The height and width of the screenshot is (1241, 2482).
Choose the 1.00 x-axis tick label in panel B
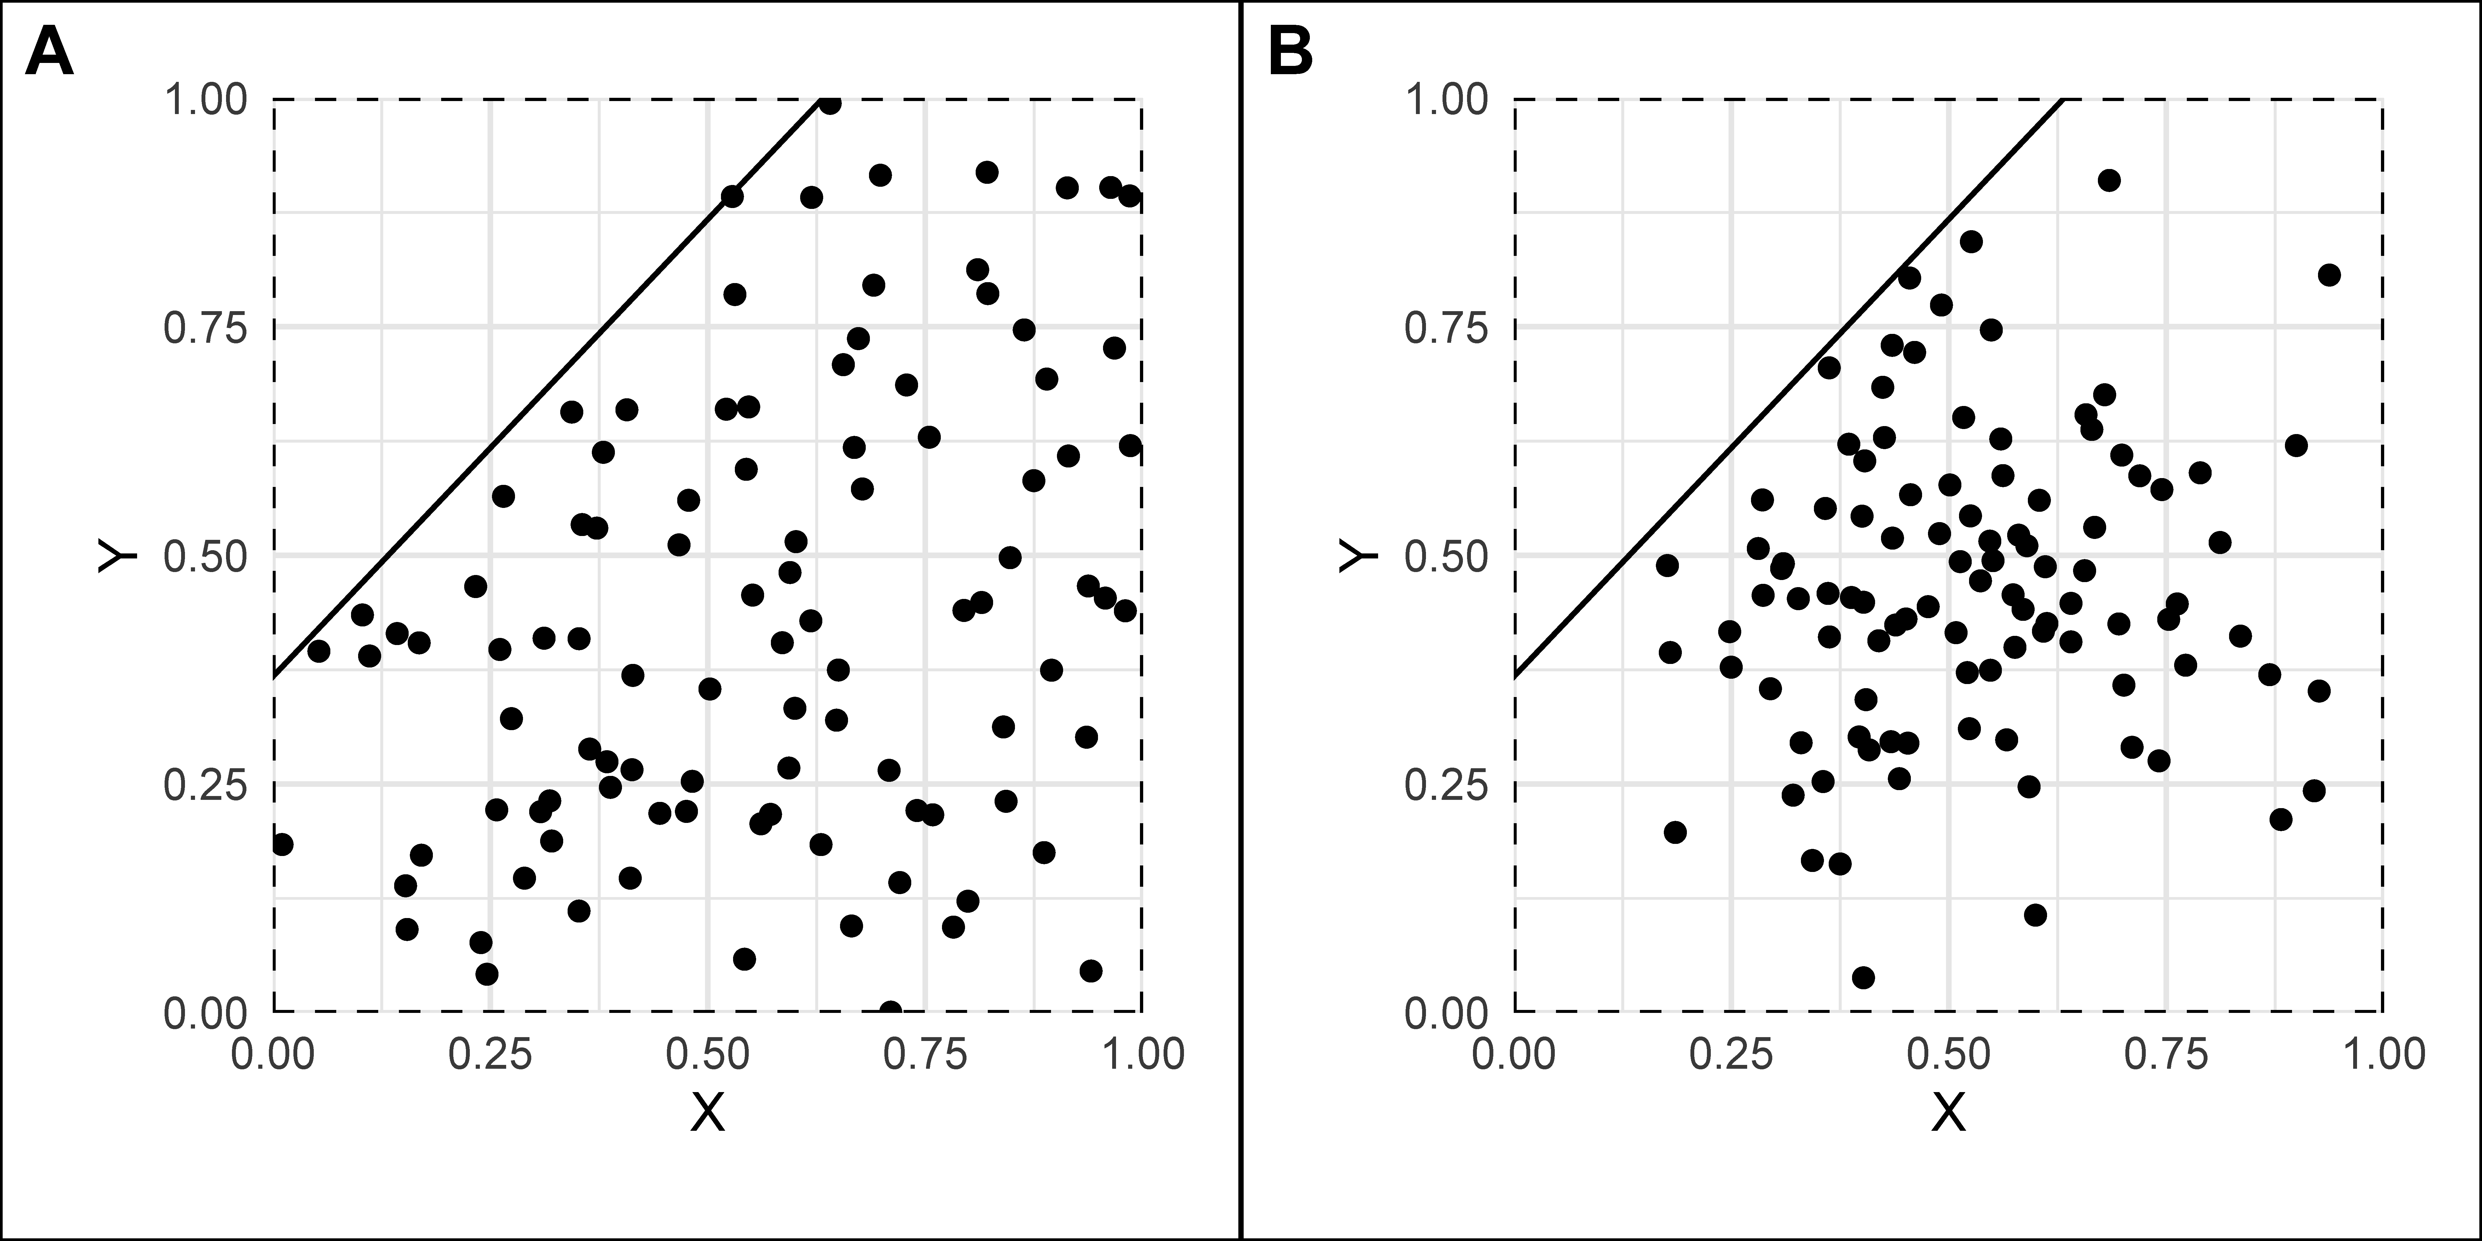point(2383,1054)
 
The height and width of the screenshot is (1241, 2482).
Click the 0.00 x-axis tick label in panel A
point(274,1054)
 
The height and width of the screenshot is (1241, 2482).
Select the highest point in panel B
point(2109,180)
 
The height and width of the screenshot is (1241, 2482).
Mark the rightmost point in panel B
point(2329,276)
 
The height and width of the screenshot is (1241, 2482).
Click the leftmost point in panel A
point(281,844)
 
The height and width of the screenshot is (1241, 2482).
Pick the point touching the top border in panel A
point(830,103)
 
